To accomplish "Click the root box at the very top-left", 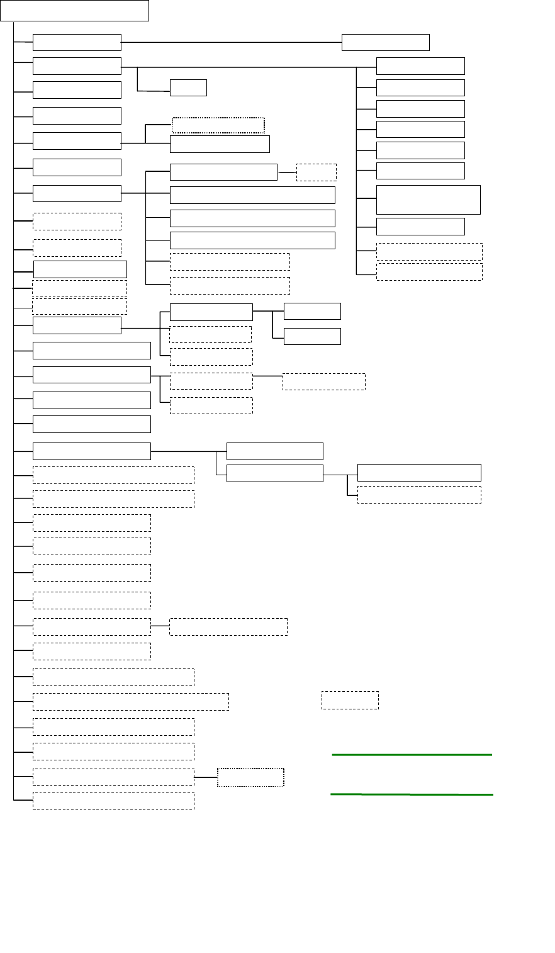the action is click(x=74, y=11).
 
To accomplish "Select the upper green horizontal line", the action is click(x=412, y=753).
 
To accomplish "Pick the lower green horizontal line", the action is click(x=412, y=794).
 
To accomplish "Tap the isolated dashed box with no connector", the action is click(x=350, y=700).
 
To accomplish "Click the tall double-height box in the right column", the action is click(x=428, y=200).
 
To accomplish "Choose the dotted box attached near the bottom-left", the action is click(x=250, y=777).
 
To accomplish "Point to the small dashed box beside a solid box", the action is click(x=316, y=172).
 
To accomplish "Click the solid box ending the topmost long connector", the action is click(x=385, y=42).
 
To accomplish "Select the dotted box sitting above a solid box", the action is click(x=218, y=125).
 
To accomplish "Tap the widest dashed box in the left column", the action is click(x=130, y=701).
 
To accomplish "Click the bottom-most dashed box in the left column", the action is click(x=113, y=800).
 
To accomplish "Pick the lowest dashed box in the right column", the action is click(x=429, y=271).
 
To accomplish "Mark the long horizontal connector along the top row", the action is click(x=231, y=42).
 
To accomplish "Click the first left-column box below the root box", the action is click(x=77, y=42).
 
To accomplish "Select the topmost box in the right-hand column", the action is click(x=420, y=66).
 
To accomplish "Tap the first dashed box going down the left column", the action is click(x=77, y=221).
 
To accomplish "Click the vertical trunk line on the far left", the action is click(x=14, y=409).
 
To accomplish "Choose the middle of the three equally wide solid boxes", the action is click(x=252, y=218).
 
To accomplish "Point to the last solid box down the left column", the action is click(x=92, y=451).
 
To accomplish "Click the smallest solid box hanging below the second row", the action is click(x=188, y=87).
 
